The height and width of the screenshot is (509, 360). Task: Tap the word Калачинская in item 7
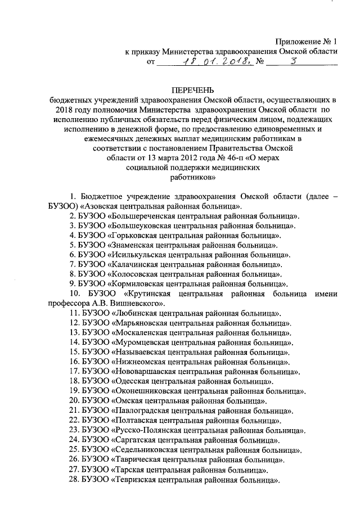click(x=134, y=264)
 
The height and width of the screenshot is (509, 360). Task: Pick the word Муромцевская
click(x=139, y=342)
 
